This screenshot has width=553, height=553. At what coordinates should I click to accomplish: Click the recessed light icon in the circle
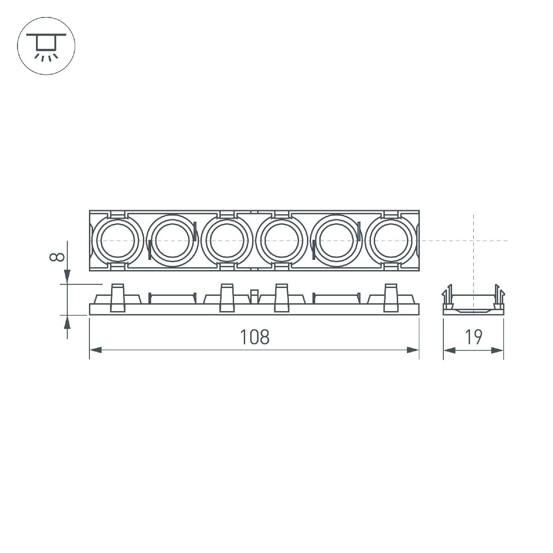46,46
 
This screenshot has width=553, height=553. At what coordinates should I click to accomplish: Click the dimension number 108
254,337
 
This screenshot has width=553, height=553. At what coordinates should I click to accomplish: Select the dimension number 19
473,337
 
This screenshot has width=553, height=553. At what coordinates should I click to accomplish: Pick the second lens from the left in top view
172,241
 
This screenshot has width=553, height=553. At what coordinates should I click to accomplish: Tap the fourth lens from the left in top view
282,241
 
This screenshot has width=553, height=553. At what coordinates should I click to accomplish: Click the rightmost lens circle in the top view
391,241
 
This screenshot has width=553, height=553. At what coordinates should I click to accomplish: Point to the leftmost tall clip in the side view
118,298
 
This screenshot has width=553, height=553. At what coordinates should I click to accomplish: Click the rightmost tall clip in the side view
391,298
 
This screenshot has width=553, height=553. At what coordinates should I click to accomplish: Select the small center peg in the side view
254,296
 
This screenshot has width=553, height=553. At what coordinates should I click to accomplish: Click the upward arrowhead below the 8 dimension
67,322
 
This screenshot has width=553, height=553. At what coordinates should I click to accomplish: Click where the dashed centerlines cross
473,241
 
